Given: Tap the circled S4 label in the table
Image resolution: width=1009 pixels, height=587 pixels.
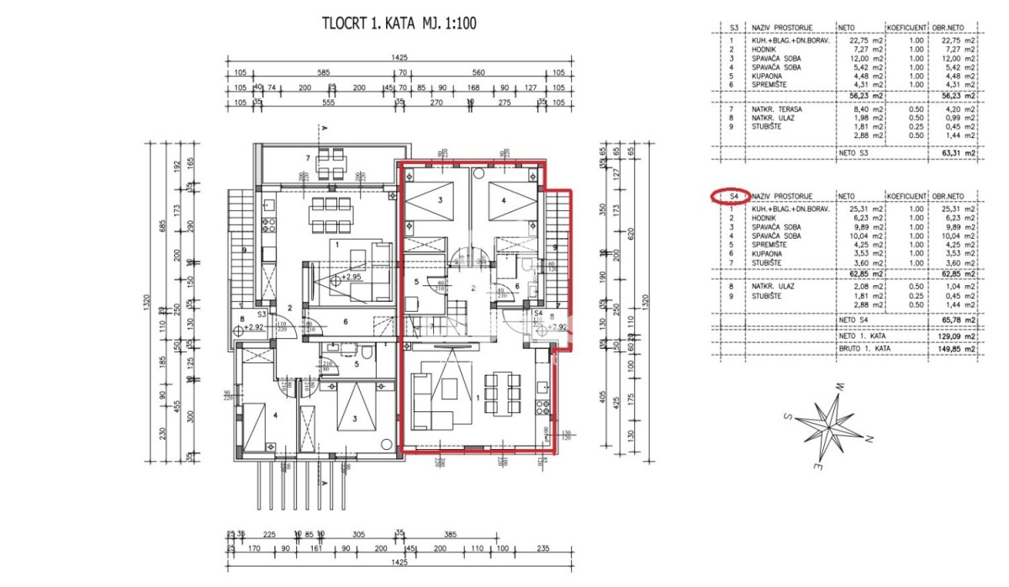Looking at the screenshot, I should [x=733, y=197].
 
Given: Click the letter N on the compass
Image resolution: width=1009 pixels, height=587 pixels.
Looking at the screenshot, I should [x=869, y=439].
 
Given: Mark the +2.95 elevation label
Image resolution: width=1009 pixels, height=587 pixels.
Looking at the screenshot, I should [x=351, y=277].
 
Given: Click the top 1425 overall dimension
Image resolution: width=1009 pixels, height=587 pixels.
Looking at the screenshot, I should [x=399, y=57].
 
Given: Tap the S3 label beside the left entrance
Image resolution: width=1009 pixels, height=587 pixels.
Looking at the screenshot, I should [x=263, y=312].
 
